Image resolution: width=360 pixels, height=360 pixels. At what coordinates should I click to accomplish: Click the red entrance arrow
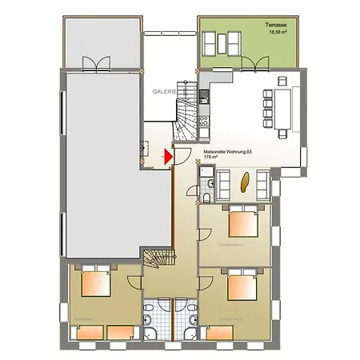[x=167, y=157]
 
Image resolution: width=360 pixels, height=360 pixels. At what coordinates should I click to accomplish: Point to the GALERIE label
[x=166, y=92]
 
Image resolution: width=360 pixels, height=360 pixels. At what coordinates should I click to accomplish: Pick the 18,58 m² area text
[x=278, y=34]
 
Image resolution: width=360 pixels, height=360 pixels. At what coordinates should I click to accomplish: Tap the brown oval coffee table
[x=243, y=182]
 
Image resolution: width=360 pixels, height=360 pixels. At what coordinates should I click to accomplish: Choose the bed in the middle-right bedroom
[x=242, y=222]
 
